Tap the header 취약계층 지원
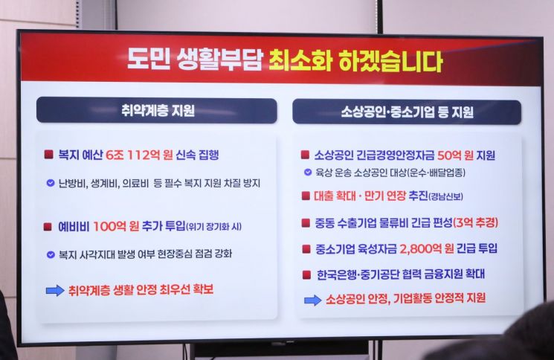157,112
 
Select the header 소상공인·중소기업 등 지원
408,113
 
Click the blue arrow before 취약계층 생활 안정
55,290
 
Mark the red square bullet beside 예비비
49,226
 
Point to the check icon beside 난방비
50,182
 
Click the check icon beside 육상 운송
308,173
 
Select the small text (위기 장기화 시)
218,227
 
